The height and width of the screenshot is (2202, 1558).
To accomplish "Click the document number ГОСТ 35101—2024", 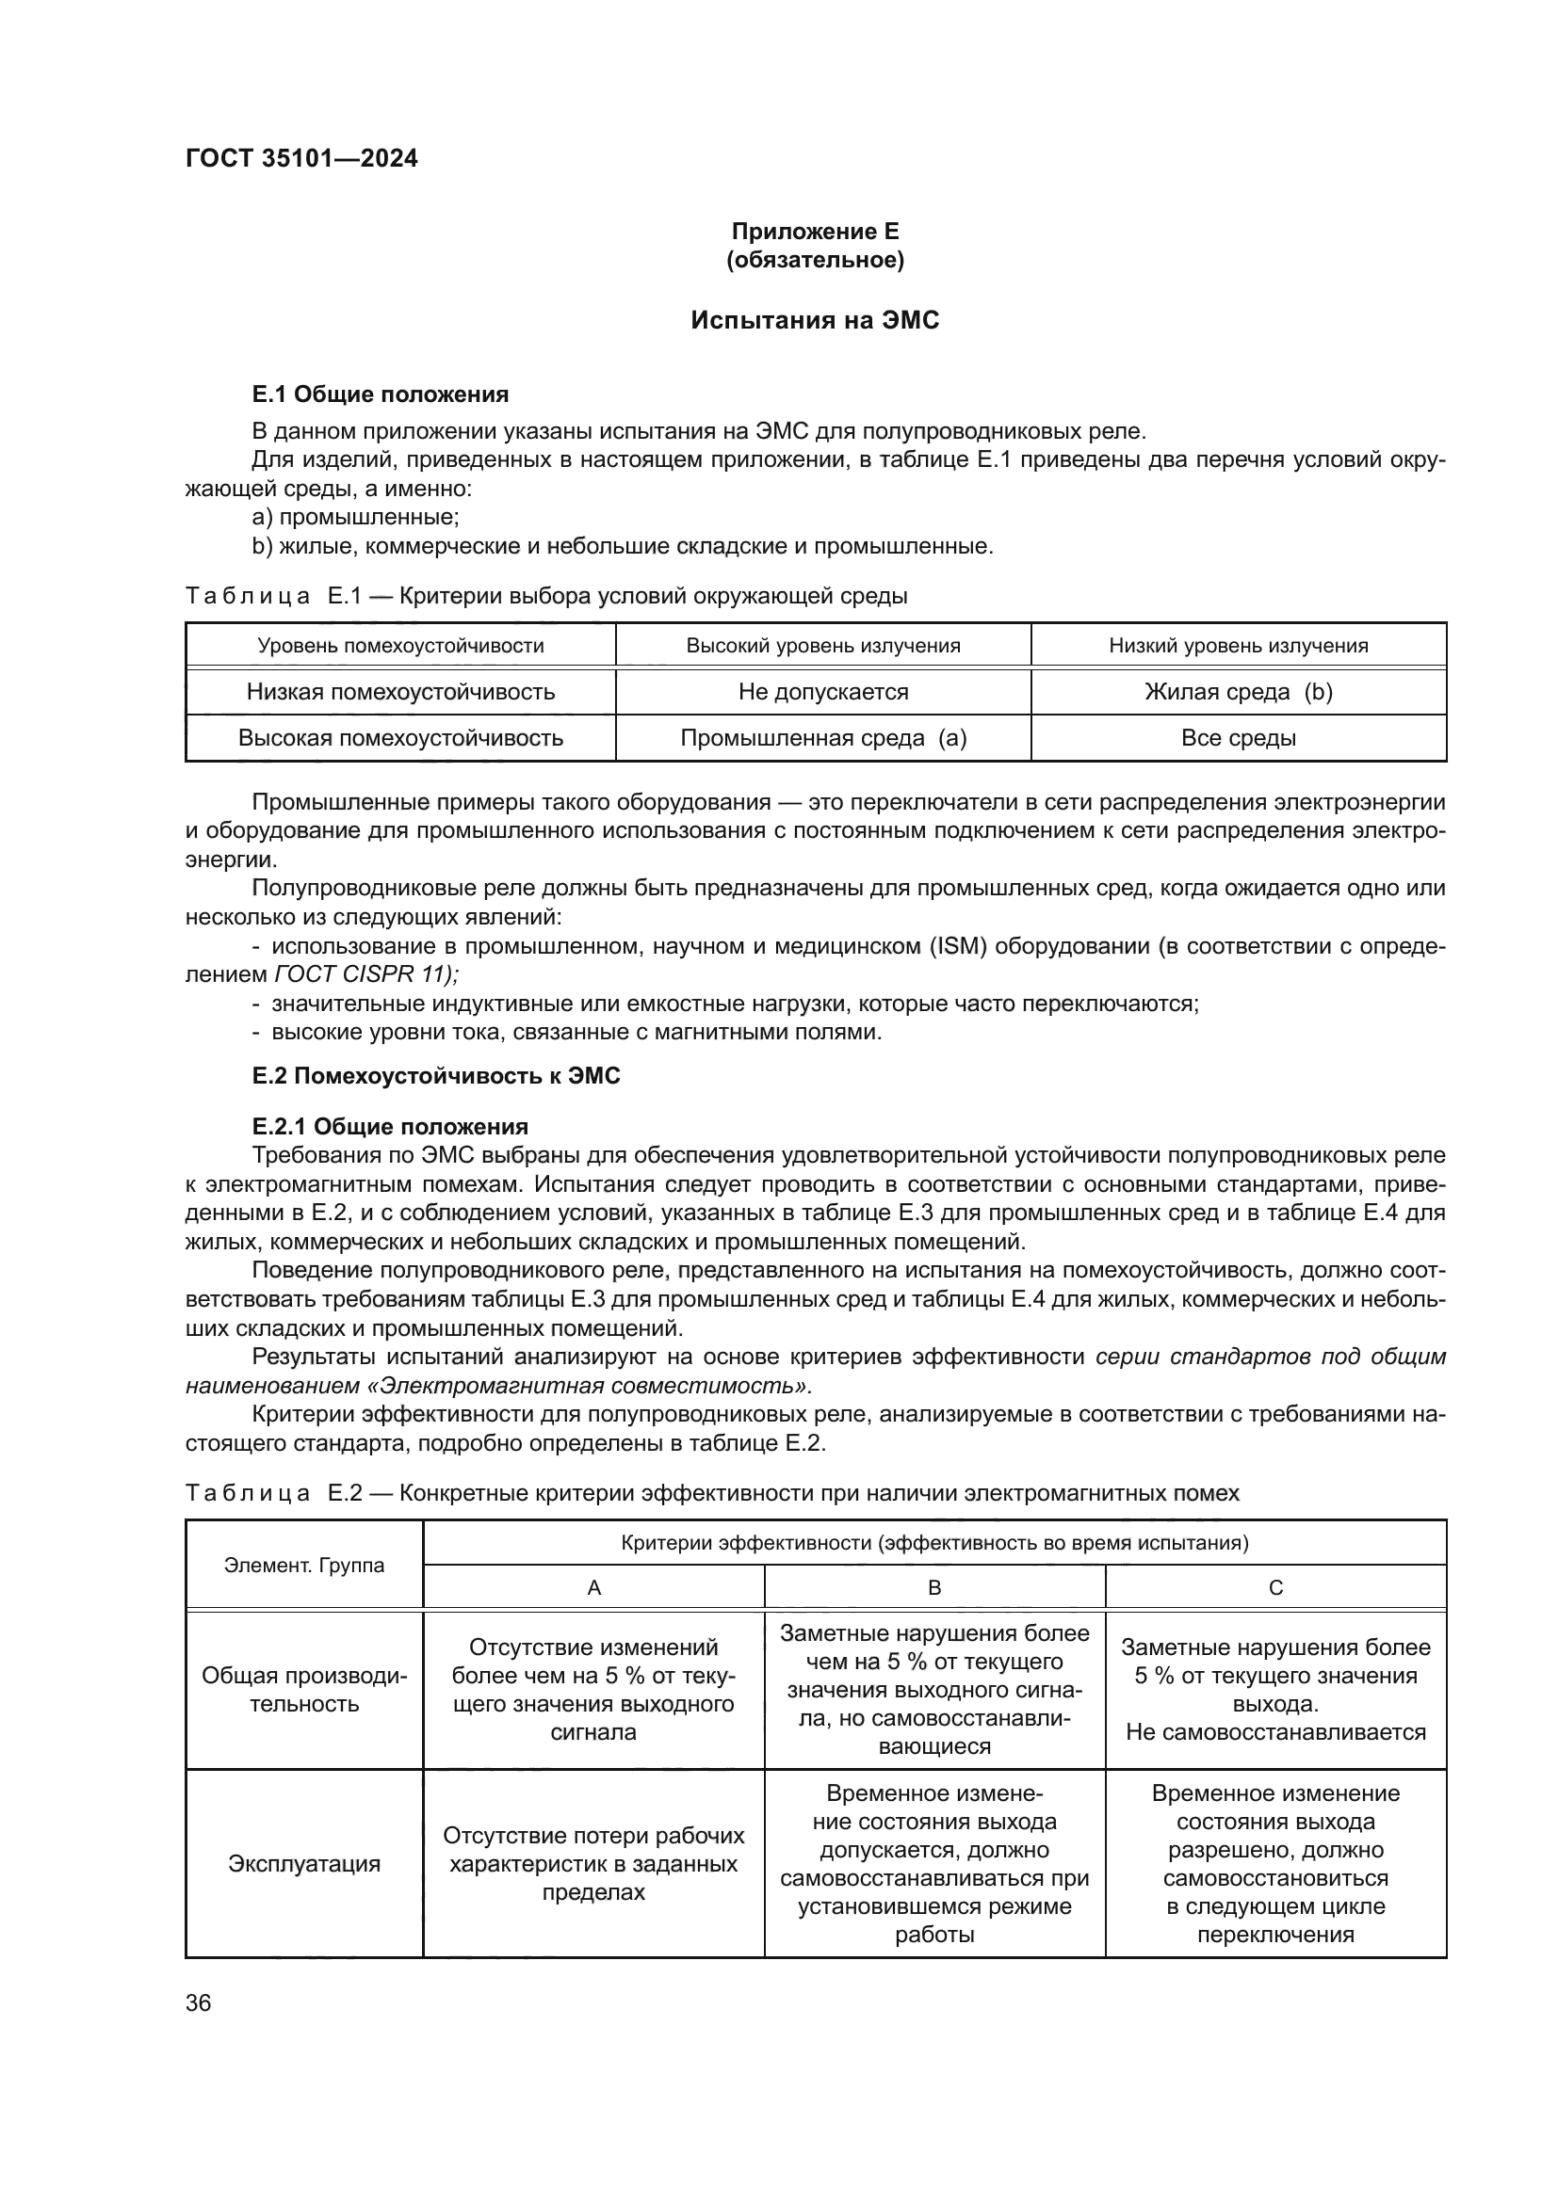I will [301, 158].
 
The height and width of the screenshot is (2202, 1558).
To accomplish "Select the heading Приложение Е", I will [815, 232].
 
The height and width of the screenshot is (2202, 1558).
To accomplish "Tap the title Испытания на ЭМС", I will [815, 320].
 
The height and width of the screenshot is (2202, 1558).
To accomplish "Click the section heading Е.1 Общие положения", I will [380, 394].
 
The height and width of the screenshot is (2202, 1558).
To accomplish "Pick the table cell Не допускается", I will [823, 692].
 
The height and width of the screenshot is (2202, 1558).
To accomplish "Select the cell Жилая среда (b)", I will [1238, 692].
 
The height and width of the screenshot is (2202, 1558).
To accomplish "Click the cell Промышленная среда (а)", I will [823, 737].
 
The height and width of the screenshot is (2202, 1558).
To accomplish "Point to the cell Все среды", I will [1238, 737].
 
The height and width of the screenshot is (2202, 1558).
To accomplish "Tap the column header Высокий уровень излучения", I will [823, 646].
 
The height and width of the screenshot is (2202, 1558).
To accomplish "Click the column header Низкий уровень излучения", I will [1238, 646].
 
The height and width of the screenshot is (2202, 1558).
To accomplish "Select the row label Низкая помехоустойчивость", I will [400, 692].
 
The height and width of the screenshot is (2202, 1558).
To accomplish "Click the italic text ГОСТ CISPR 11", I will [365, 974].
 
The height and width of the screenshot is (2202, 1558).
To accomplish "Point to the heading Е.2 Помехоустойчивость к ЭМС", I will [435, 1076].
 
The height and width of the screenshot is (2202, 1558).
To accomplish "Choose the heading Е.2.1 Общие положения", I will [390, 1126].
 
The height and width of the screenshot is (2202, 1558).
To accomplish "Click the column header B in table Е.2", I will [934, 1587].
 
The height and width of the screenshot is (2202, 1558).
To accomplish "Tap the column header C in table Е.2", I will [1275, 1587].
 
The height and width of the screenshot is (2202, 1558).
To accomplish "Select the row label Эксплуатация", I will [304, 1863].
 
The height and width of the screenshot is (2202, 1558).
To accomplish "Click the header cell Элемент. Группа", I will [304, 1566].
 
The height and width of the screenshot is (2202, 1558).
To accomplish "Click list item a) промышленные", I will [355, 517].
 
